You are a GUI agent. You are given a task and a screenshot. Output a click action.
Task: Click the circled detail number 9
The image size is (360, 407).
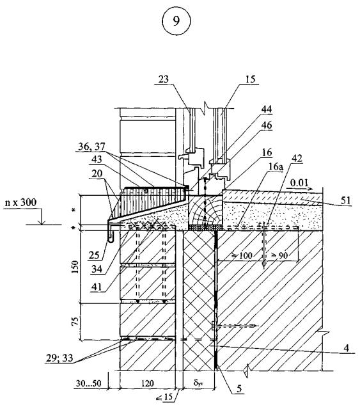tap(176, 21)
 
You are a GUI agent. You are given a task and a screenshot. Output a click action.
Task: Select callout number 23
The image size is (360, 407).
tap(164, 79)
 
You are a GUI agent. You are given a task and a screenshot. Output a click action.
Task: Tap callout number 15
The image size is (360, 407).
tap(250, 79)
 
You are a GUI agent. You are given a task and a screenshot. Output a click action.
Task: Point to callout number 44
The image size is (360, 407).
tap(267, 109)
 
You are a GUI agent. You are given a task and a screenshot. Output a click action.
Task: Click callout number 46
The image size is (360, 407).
tap(267, 125)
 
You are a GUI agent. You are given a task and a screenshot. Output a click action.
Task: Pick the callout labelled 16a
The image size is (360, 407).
tap(276, 167)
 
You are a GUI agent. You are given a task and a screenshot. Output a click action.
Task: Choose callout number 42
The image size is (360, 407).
tap(297, 158)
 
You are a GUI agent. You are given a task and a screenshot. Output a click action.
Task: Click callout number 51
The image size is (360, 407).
tap(346, 200)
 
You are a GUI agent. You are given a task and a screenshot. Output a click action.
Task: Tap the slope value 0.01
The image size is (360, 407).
tap(299, 183)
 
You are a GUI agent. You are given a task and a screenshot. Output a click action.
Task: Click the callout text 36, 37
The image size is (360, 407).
tap(91, 147)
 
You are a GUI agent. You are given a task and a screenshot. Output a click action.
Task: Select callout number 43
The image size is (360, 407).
tap(97, 159)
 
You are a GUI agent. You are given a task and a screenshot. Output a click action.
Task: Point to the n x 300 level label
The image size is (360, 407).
tap(20, 202)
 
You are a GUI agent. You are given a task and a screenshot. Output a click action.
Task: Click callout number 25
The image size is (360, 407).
tap(94, 255)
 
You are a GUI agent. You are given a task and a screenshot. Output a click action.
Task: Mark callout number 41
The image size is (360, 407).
tap(97, 287)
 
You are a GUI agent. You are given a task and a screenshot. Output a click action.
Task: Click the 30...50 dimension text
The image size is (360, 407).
tap(88, 383)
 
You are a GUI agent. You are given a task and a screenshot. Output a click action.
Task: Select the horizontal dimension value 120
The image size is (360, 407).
tap(147, 383)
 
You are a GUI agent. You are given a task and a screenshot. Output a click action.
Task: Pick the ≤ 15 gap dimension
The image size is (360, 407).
tap(164, 397)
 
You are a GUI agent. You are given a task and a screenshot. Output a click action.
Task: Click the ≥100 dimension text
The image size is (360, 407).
tap(242, 256)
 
